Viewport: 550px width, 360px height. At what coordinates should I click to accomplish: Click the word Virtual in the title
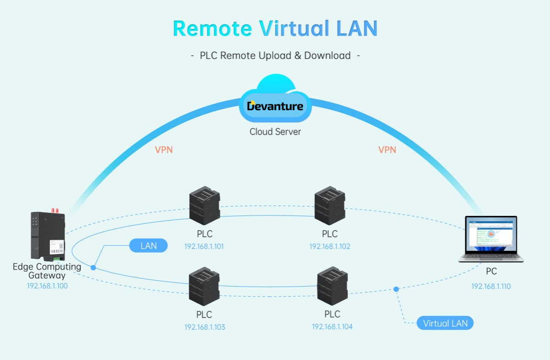click(293, 28)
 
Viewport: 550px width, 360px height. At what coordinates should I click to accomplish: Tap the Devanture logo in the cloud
click(275, 106)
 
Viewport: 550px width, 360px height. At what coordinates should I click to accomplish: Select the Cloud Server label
click(275, 132)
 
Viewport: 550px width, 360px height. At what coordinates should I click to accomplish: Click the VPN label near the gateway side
click(164, 150)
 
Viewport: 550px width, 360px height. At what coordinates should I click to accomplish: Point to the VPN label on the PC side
click(387, 150)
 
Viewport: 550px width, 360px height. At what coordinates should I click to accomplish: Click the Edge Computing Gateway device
click(48, 235)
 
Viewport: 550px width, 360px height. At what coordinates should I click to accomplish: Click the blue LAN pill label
click(148, 246)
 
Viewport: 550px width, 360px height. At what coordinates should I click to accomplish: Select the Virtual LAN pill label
click(445, 323)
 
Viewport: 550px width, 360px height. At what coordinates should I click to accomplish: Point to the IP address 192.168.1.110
click(491, 286)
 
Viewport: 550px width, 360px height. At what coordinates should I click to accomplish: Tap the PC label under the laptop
click(491, 271)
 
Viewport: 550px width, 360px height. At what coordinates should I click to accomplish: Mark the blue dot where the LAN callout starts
click(93, 267)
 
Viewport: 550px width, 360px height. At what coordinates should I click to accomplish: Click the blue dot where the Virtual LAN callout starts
click(396, 289)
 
